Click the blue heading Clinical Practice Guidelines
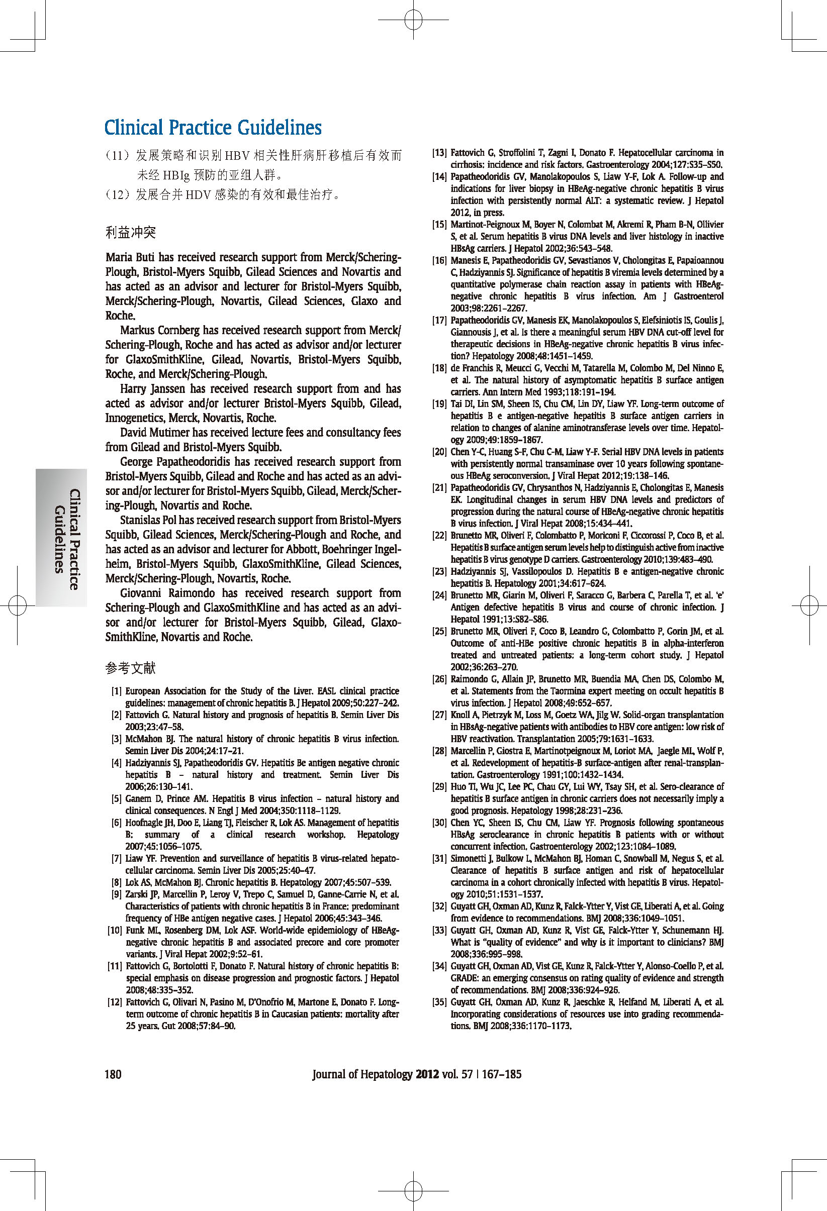pos(213,128)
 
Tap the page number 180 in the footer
pos(113,1073)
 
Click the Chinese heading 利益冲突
pos(130,233)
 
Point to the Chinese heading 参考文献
pos(130,667)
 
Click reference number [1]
pos(117,691)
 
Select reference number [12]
pos(115,1002)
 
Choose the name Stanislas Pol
pos(146,520)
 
